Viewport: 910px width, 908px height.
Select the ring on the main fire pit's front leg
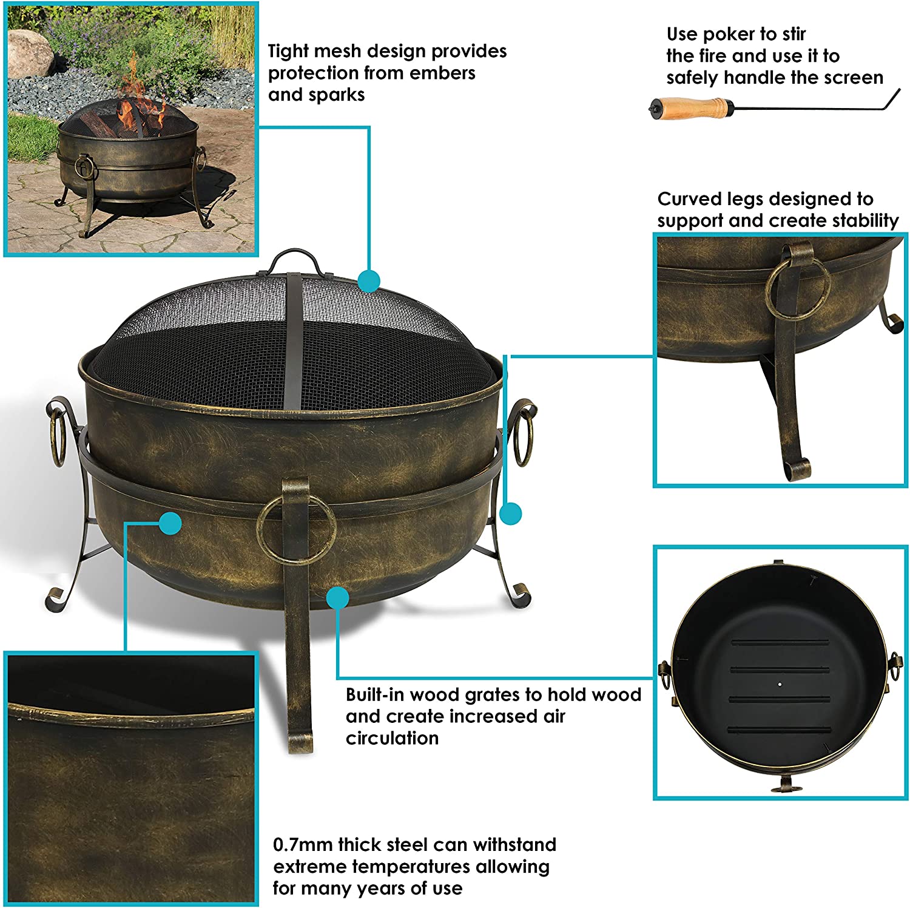click(296, 529)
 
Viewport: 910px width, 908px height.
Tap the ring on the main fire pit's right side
click(525, 432)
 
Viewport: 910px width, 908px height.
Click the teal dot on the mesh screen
click(369, 282)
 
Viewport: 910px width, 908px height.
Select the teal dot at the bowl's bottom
click(338, 598)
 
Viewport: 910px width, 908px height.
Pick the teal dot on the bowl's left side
click(170, 523)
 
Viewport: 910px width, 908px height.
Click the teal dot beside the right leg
click(511, 513)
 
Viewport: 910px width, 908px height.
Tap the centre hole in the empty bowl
click(780, 684)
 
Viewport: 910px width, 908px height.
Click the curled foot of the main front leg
click(300, 742)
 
